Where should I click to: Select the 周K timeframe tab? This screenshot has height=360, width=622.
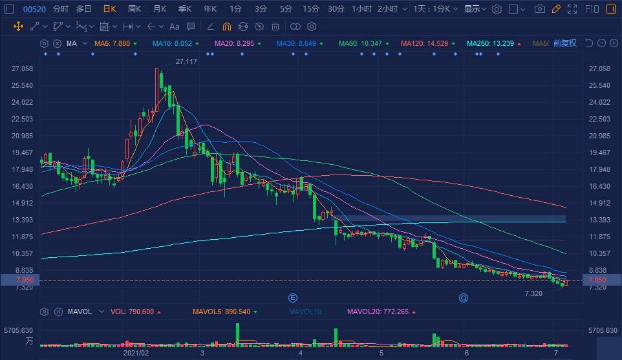[134, 9]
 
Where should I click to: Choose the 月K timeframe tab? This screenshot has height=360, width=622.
[160, 9]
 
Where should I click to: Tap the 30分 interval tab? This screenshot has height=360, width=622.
[336, 9]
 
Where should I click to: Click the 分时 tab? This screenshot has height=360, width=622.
[60, 9]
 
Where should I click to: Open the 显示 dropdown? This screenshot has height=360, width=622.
[475, 9]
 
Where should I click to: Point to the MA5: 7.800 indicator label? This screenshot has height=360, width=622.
[112, 43]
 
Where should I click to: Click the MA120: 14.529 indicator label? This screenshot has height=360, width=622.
[424, 43]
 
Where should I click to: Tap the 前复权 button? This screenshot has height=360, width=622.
[564, 43]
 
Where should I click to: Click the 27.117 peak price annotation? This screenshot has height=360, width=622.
[186, 62]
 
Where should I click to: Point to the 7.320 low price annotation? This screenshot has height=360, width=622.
[533, 293]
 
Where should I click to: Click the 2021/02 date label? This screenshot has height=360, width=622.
[136, 354]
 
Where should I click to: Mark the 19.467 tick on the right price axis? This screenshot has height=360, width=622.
[599, 153]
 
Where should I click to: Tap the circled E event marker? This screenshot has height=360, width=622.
[292, 298]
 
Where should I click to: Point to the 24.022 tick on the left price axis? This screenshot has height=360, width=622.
[22, 102]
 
